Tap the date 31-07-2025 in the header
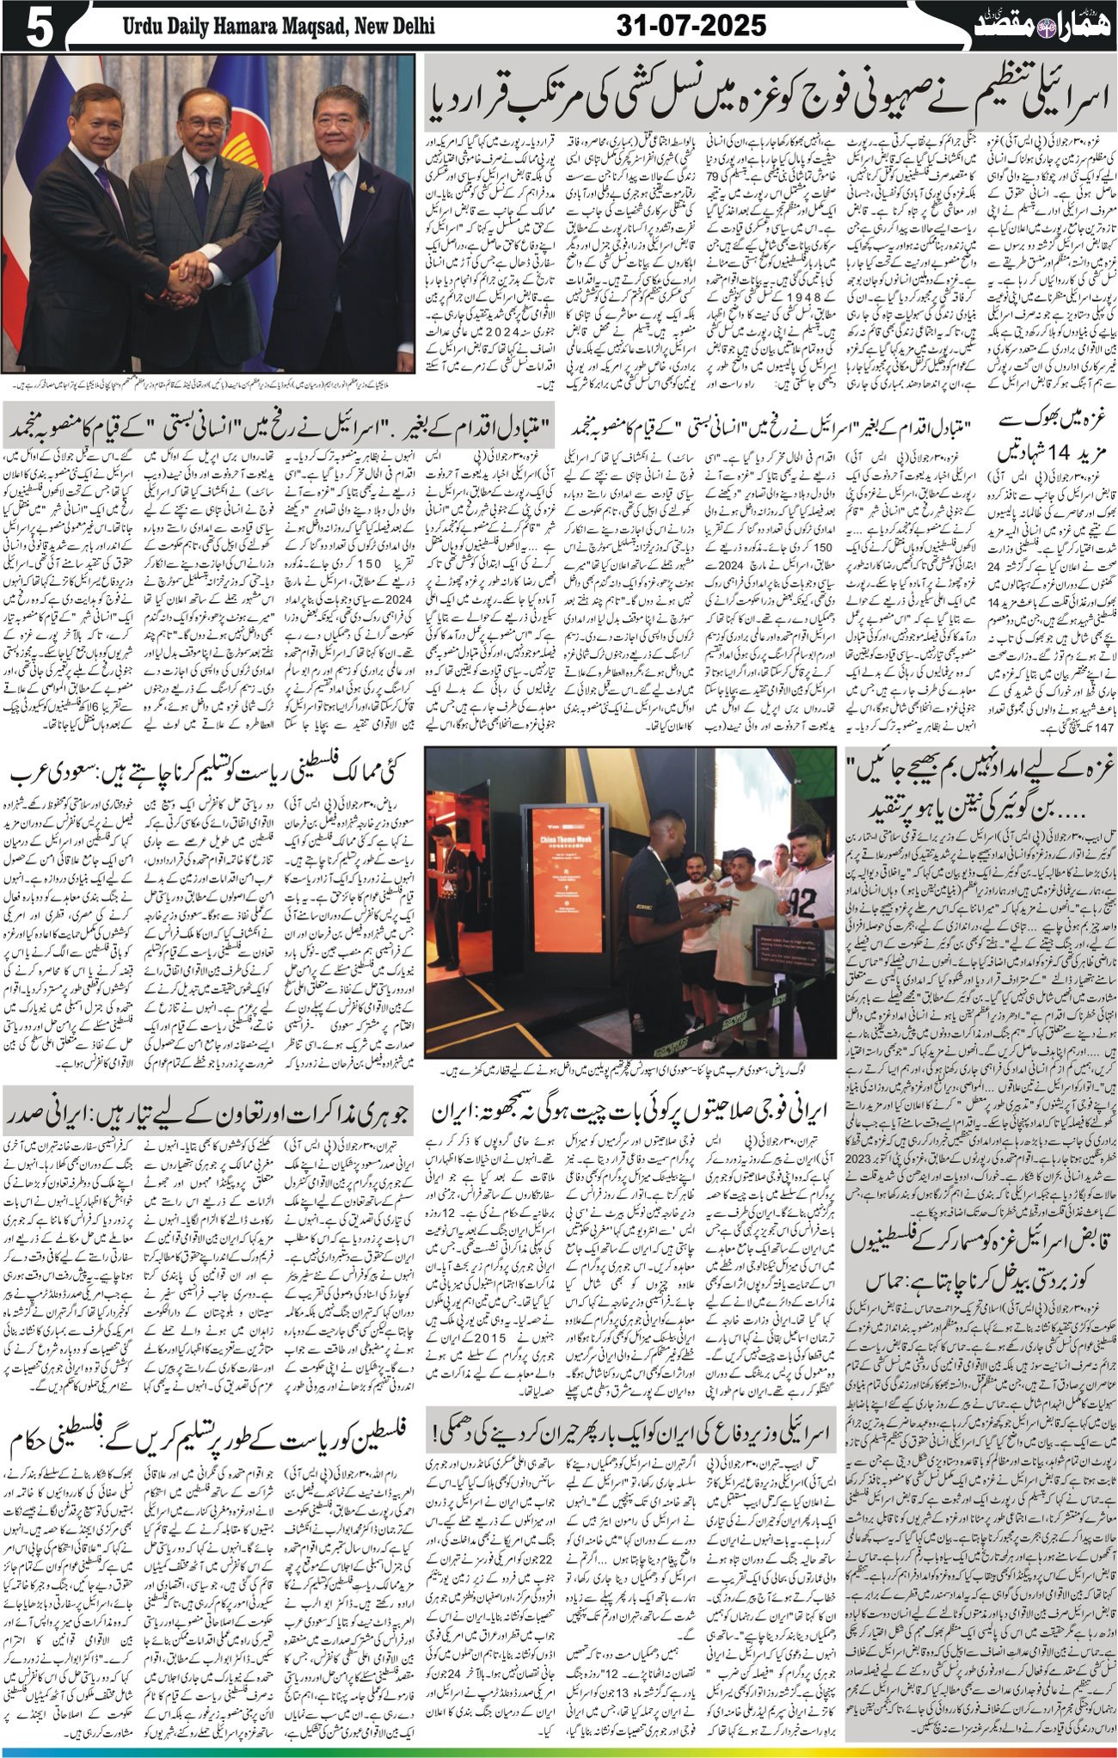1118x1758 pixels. click(691, 26)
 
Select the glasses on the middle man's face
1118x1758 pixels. click(204, 123)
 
